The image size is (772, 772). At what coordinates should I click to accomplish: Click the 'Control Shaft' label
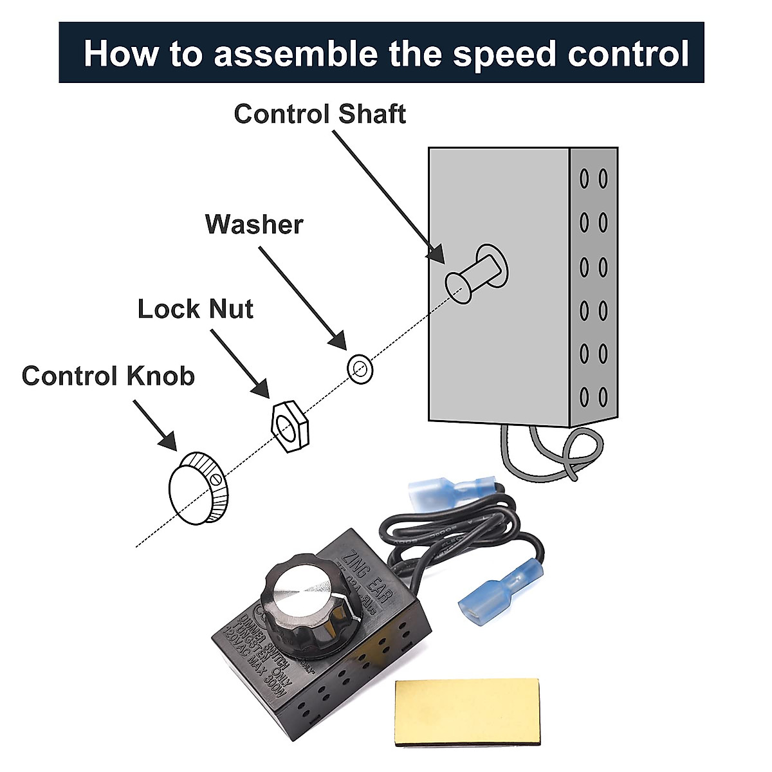(x=320, y=114)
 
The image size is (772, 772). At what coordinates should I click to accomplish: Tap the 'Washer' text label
(x=254, y=225)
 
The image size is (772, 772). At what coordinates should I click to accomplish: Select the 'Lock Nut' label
(x=196, y=309)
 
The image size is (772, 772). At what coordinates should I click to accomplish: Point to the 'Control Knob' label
(x=108, y=376)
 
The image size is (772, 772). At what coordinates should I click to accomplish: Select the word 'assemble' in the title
(x=295, y=53)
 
